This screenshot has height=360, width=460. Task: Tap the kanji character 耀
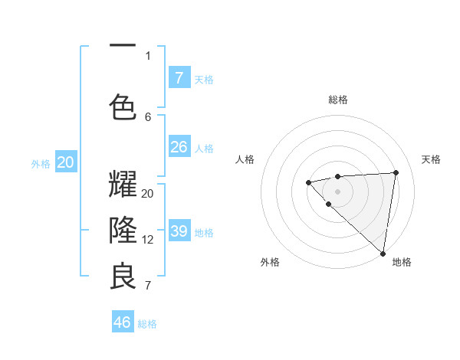coord(123,185)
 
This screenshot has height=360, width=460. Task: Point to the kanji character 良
coord(123,276)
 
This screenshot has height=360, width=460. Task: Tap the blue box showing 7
coord(179,77)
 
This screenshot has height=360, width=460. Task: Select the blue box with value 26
coord(179,146)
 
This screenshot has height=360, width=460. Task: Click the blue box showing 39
coord(179,231)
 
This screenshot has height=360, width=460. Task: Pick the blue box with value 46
coord(123,322)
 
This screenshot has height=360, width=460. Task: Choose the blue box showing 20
coord(66,162)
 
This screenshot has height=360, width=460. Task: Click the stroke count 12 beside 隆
coord(148,240)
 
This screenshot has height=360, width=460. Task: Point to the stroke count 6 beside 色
coord(148,116)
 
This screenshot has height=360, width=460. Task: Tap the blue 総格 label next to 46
coord(147,324)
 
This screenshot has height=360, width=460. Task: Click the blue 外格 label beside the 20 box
coord(41,164)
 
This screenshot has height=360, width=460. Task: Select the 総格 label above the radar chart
coord(338,100)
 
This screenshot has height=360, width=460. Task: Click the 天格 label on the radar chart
coord(431,159)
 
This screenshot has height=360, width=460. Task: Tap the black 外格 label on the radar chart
coord(270,262)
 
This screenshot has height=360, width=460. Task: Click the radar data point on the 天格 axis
coord(396,172)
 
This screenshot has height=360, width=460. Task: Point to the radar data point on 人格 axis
coord(308,182)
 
